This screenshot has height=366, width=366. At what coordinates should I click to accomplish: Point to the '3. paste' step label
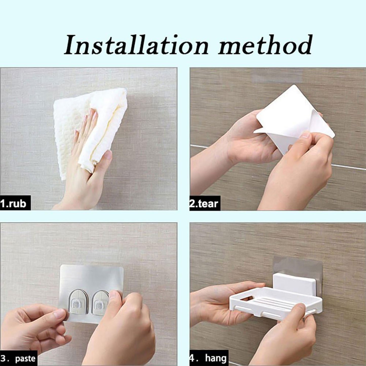tap(18, 358)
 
